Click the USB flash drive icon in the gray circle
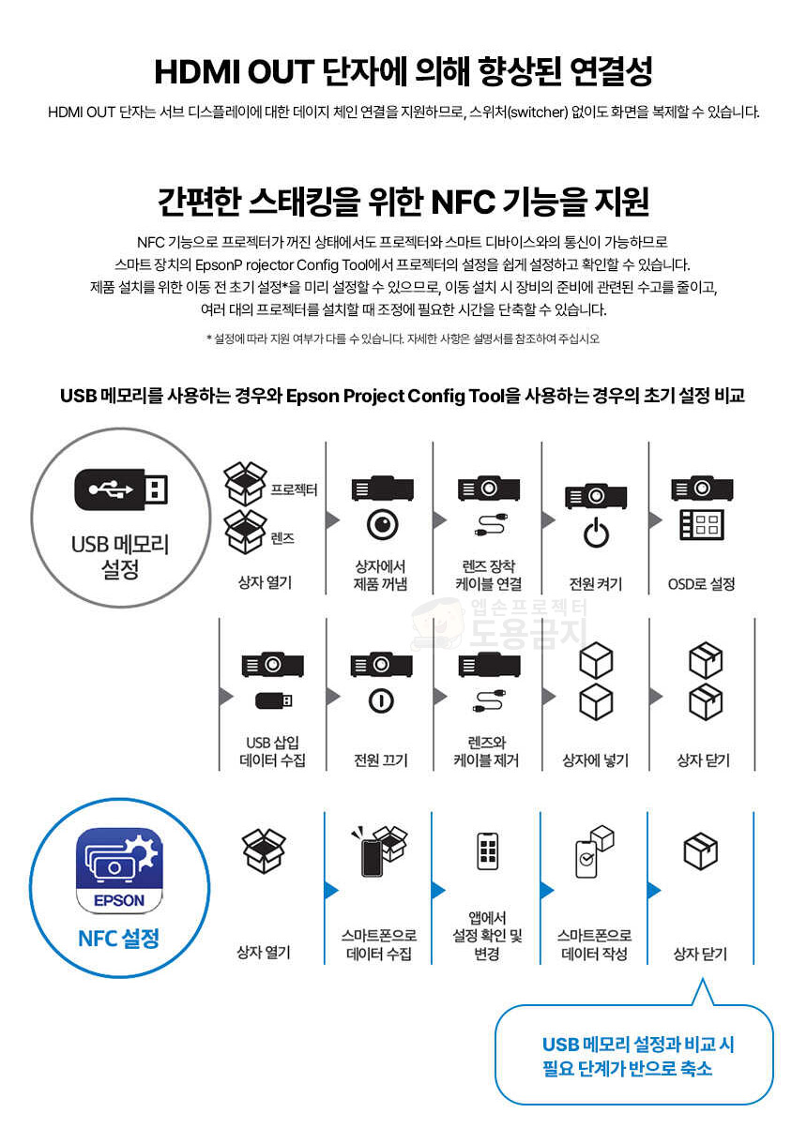pos(121,489)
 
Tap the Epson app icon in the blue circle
pos(119,871)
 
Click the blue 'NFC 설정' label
pos(118,939)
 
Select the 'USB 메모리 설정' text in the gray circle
pos(120,557)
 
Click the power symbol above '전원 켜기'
pos(596,533)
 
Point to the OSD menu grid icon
pos(701,525)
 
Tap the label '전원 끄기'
pos(381,760)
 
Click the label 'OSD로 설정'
pos(701,584)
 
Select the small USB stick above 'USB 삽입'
pos(274,700)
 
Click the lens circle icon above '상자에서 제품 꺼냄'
pos(383,524)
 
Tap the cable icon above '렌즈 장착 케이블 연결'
pos(490,525)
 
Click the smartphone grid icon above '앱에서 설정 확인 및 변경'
pos(487,851)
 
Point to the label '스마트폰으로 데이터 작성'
pos(594,944)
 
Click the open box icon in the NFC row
pos(264,850)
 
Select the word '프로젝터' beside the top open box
pos(294,489)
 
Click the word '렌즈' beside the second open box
pos(282,538)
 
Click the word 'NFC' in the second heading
pos(463,202)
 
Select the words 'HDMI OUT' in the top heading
pos(235,71)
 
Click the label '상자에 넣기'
pos(595,760)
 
